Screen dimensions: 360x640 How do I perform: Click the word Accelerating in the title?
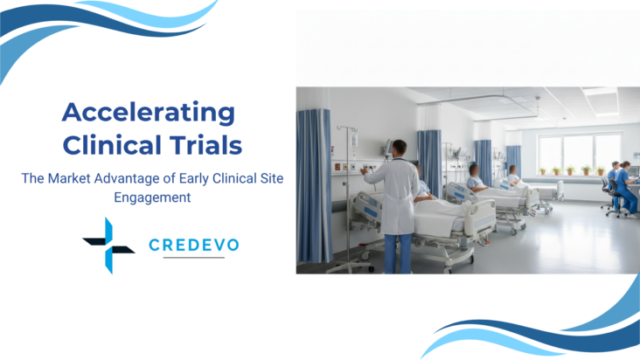pyautogui.click(x=149, y=112)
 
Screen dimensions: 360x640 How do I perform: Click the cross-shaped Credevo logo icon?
pyautogui.click(x=108, y=246)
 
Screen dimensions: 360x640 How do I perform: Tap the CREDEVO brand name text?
pyautogui.click(x=193, y=246)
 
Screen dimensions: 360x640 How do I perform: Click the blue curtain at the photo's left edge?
pyautogui.click(x=313, y=183)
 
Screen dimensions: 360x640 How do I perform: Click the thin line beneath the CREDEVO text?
pyautogui.click(x=193, y=258)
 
